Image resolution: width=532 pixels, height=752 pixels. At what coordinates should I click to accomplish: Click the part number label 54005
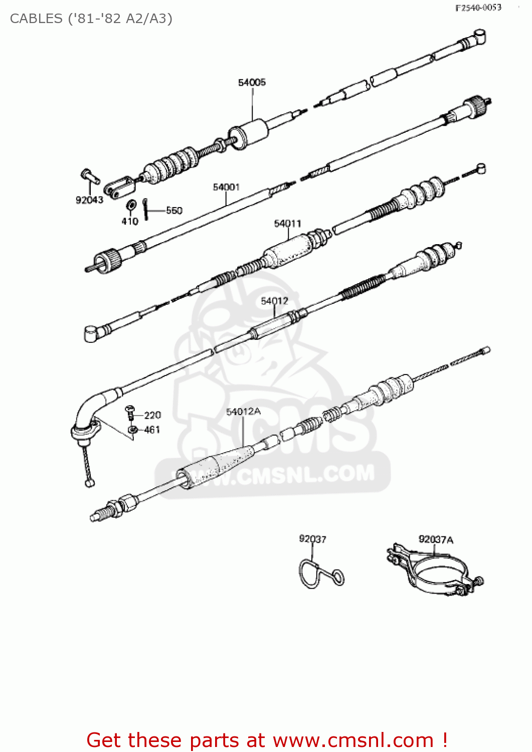tap(252, 83)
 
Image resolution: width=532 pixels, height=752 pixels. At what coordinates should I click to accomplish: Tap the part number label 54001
tap(226, 187)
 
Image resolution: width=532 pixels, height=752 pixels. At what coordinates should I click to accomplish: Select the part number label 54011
tap(288, 224)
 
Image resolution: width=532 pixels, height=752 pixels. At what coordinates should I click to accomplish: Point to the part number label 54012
tap(274, 301)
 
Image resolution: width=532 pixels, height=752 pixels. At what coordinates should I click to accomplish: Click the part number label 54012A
tap(243, 412)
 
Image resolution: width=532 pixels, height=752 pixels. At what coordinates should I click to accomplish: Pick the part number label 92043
tap(89, 200)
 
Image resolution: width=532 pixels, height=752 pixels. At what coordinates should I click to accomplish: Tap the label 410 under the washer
tap(130, 221)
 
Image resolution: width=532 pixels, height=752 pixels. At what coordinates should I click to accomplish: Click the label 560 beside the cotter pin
tap(174, 211)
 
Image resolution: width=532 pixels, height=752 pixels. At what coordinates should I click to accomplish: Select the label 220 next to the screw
tap(152, 415)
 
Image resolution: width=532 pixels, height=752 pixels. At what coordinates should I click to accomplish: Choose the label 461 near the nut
tap(152, 430)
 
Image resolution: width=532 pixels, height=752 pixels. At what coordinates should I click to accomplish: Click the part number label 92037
tap(312, 539)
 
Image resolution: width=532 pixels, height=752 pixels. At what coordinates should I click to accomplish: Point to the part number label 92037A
tap(436, 539)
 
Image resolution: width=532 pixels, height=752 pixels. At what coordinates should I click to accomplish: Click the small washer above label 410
tap(131, 205)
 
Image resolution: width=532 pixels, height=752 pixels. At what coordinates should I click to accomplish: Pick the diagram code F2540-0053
tap(478, 8)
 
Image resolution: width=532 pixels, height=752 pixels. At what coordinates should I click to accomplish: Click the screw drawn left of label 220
tap(130, 412)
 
